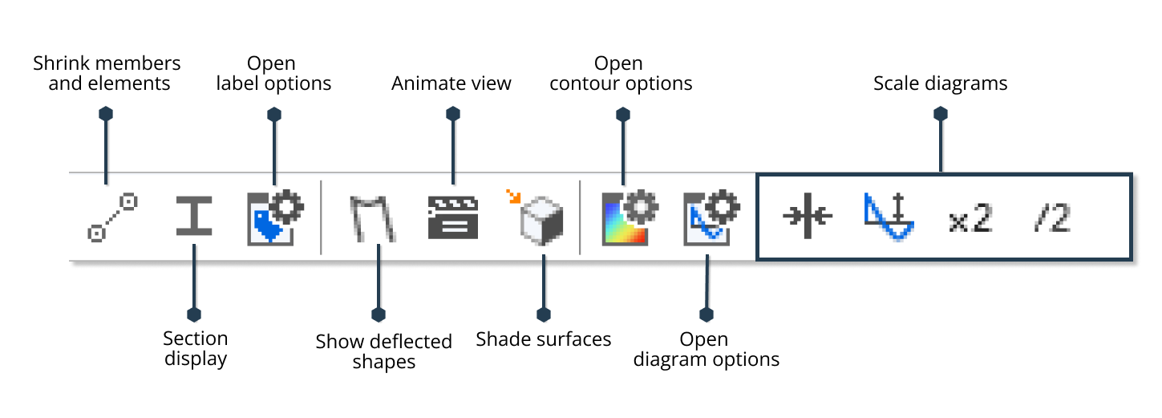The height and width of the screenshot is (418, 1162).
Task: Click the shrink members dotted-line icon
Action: [112, 217]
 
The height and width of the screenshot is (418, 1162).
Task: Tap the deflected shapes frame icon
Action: [373, 218]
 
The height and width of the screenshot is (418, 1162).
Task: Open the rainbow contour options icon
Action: [630, 217]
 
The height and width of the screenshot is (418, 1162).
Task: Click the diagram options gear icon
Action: [711, 217]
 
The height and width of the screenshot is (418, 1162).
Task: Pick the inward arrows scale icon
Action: [808, 217]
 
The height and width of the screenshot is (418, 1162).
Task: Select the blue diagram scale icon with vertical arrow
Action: [889, 217]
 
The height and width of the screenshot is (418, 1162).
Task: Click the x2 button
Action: [970, 218]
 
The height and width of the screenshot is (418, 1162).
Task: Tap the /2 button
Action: [1051, 218]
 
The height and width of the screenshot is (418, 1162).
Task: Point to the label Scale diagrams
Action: [940, 83]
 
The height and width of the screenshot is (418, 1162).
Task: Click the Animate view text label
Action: [451, 83]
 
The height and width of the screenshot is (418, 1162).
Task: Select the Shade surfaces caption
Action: [544, 339]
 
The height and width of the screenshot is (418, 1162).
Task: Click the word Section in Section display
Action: [195, 339]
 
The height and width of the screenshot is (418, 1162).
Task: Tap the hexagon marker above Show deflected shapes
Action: [379, 314]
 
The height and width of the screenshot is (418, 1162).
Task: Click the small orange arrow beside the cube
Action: [512, 195]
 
